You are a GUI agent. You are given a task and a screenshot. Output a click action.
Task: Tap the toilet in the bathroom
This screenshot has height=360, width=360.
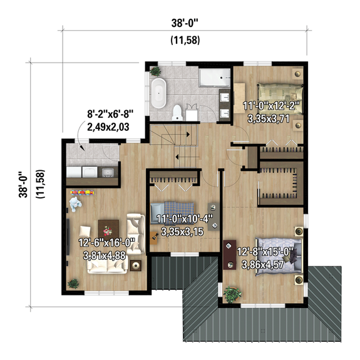[178, 112]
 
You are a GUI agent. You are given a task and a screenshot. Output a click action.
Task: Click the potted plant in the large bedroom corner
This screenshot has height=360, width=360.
[232, 292]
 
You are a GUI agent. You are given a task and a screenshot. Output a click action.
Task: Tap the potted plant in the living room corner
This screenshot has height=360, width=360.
[75, 283]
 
